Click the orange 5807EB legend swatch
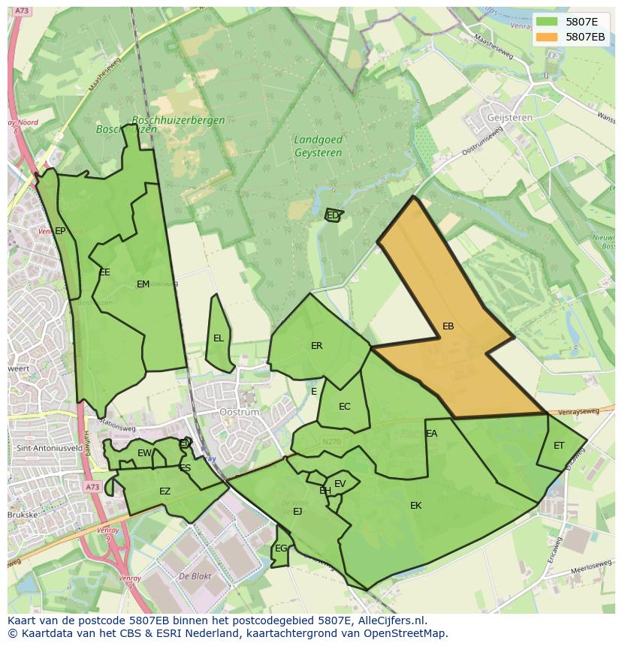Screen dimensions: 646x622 [547, 37]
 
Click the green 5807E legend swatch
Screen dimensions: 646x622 [547, 22]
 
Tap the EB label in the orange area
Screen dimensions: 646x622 [448, 326]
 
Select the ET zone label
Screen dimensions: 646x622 [559, 446]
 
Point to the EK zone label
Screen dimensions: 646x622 [415, 506]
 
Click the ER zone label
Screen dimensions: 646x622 [316, 346]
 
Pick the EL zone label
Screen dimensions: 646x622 [218, 338]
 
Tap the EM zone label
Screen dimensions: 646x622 [143, 284]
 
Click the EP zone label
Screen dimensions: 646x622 [60, 231]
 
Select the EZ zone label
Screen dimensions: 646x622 [165, 492]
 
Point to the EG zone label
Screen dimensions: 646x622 [280, 548]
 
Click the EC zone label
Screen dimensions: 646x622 [344, 407]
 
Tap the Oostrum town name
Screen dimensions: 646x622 [239, 413]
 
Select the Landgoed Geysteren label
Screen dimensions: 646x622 [318, 146]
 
